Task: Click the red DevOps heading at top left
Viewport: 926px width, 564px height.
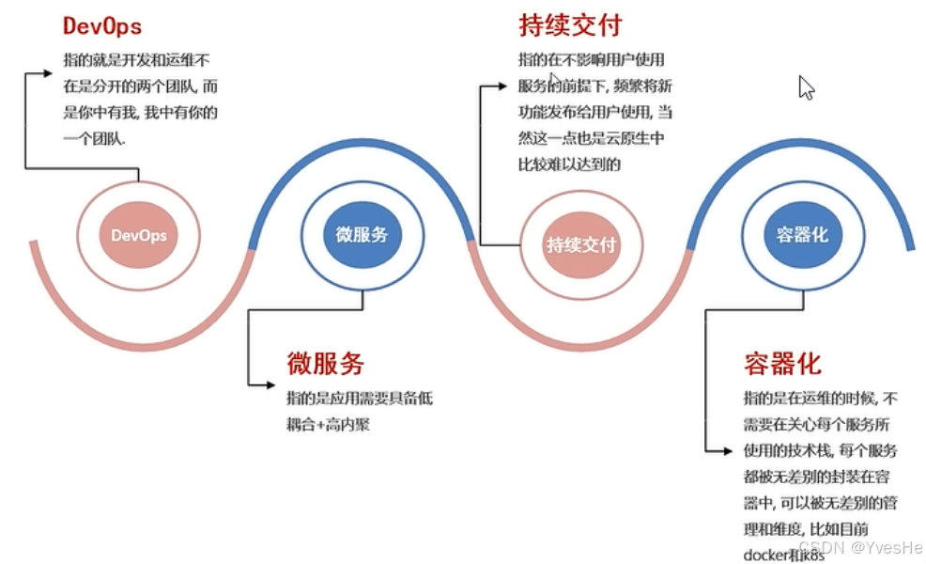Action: pyautogui.click(x=102, y=25)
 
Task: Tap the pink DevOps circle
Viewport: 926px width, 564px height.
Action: pyautogui.click(x=138, y=235)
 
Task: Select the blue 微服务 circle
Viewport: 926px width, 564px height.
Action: pyautogui.click(x=362, y=234)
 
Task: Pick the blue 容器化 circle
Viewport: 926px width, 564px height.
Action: pyautogui.click(x=802, y=234)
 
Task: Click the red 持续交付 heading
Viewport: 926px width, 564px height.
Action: pyautogui.click(x=570, y=25)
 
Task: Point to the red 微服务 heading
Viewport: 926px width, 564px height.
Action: pyautogui.click(x=325, y=363)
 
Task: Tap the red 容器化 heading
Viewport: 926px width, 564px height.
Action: pyautogui.click(x=782, y=363)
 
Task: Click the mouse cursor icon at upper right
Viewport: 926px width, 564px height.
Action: pyautogui.click(x=806, y=87)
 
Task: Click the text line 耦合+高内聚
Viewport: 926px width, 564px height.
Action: pyautogui.click(x=328, y=424)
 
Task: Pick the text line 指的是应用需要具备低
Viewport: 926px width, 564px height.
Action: pyautogui.click(x=360, y=398)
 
